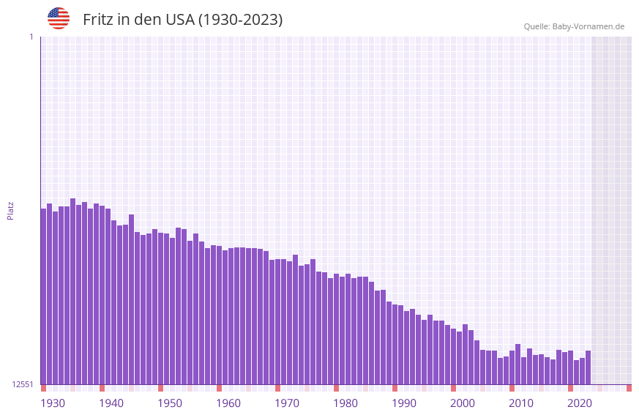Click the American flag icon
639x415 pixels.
click(59, 18)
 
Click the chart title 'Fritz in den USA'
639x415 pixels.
click(182, 20)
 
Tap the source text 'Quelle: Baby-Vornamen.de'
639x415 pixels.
click(574, 26)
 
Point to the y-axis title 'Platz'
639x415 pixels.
click(10, 210)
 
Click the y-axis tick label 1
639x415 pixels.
click(31, 37)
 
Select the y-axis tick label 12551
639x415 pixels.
click(23, 384)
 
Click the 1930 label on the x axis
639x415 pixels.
click(53, 403)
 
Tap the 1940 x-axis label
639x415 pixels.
click(111, 403)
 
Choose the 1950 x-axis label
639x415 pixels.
click(170, 403)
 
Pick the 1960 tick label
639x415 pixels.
click(228, 403)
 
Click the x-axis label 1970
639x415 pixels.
click(287, 403)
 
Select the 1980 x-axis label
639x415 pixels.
click(345, 403)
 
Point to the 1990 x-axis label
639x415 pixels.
click(404, 403)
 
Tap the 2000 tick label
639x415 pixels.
click(463, 403)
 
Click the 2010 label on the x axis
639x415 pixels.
click(521, 403)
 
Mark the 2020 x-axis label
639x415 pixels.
click(580, 403)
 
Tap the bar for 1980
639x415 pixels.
click(336, 329)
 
